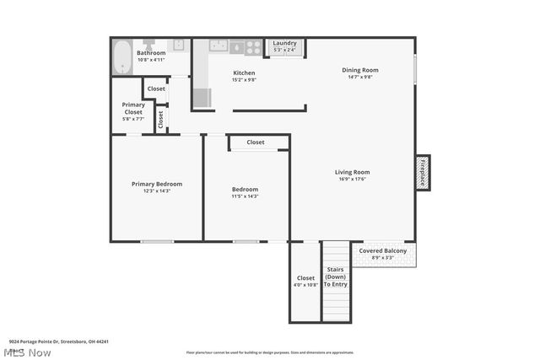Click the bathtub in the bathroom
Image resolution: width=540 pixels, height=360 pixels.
(122, 56)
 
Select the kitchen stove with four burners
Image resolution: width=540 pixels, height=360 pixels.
(252, 48)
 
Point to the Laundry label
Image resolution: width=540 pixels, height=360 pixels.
(283, 43)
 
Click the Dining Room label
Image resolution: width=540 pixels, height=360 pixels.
(359, 70)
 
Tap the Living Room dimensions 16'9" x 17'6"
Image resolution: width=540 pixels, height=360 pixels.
(354, 179)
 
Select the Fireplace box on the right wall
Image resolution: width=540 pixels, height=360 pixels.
(423, 172)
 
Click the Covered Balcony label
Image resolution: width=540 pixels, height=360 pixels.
(383, 250)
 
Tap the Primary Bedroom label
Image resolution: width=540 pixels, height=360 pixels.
(156, 184)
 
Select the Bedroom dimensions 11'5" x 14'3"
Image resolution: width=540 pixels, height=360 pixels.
(245, 196)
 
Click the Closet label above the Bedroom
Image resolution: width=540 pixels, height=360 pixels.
(256, 142)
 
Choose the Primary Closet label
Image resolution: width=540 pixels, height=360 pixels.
(133, 108)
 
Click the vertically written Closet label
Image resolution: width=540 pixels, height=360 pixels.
(160, 119)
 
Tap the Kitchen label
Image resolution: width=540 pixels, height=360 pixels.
(244, 73)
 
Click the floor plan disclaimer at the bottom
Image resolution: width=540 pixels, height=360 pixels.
(270, 352)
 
